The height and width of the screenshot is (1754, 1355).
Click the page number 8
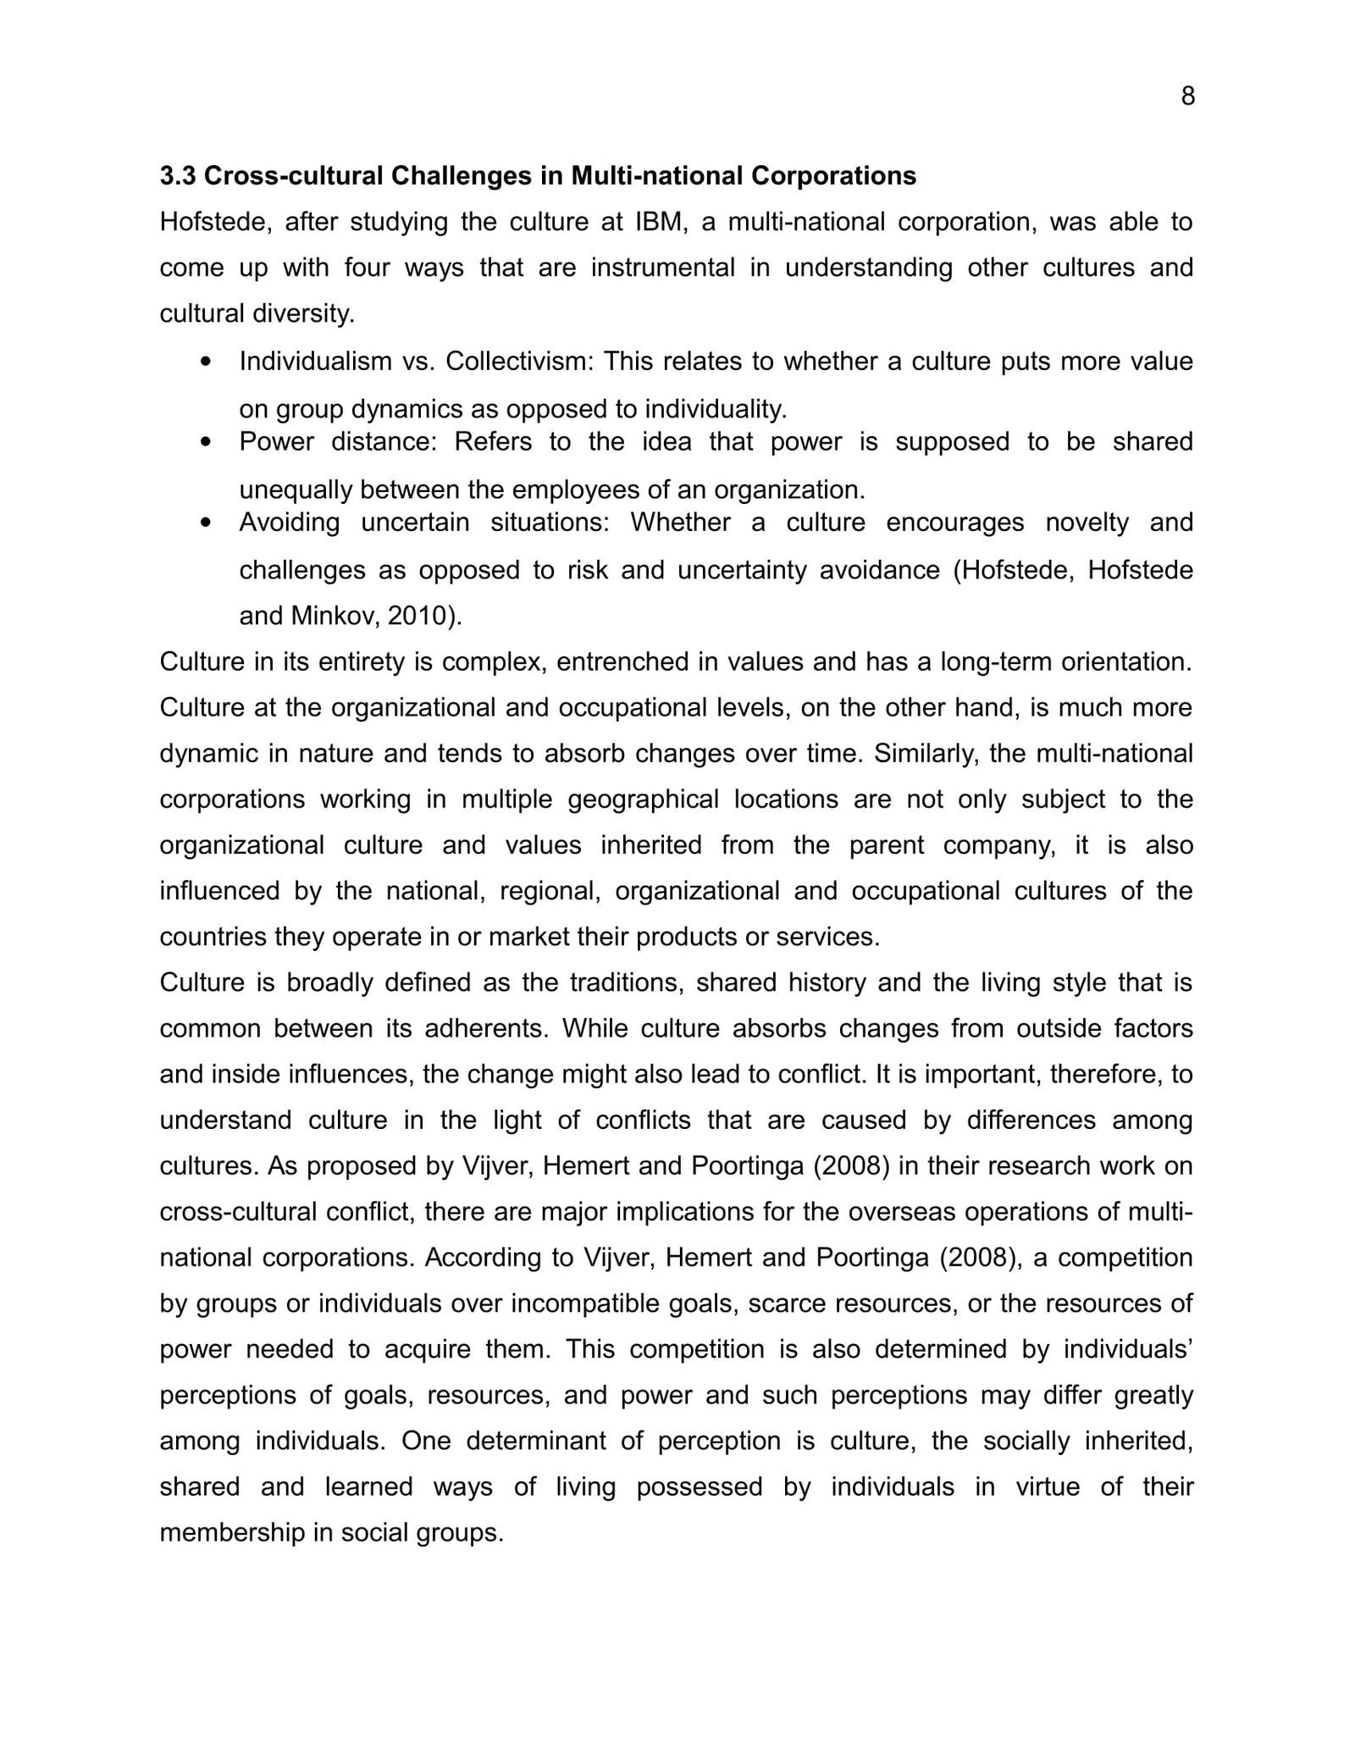pyautogui.click(x=1187, y=97)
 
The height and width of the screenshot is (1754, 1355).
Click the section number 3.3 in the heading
pyautogui.click(x=178, y=176)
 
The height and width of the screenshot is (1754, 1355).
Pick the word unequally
pyautogui.click(x=296, y=490)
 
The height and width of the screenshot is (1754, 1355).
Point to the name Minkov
pyautogui.click(x=335, y=616)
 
